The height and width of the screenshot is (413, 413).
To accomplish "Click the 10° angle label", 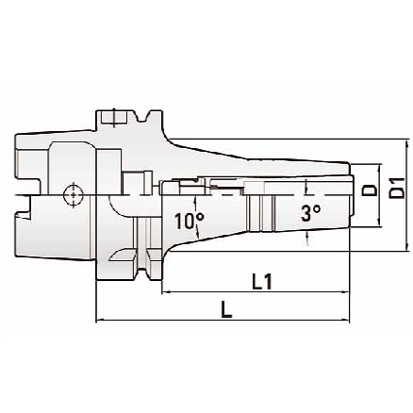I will (x=189, y=223).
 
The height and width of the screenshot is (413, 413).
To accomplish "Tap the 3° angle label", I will (x=311, y=213).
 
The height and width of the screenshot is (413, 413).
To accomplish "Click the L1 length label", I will (x=262, y=280).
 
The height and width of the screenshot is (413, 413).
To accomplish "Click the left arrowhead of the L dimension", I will (x=100, y=322).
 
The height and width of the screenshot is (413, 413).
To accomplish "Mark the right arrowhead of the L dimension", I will (x=345, y=322).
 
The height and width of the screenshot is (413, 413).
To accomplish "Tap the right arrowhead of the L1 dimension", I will (x=345, y=292).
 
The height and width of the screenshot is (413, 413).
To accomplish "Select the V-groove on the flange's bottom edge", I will (x=143, y=273).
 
